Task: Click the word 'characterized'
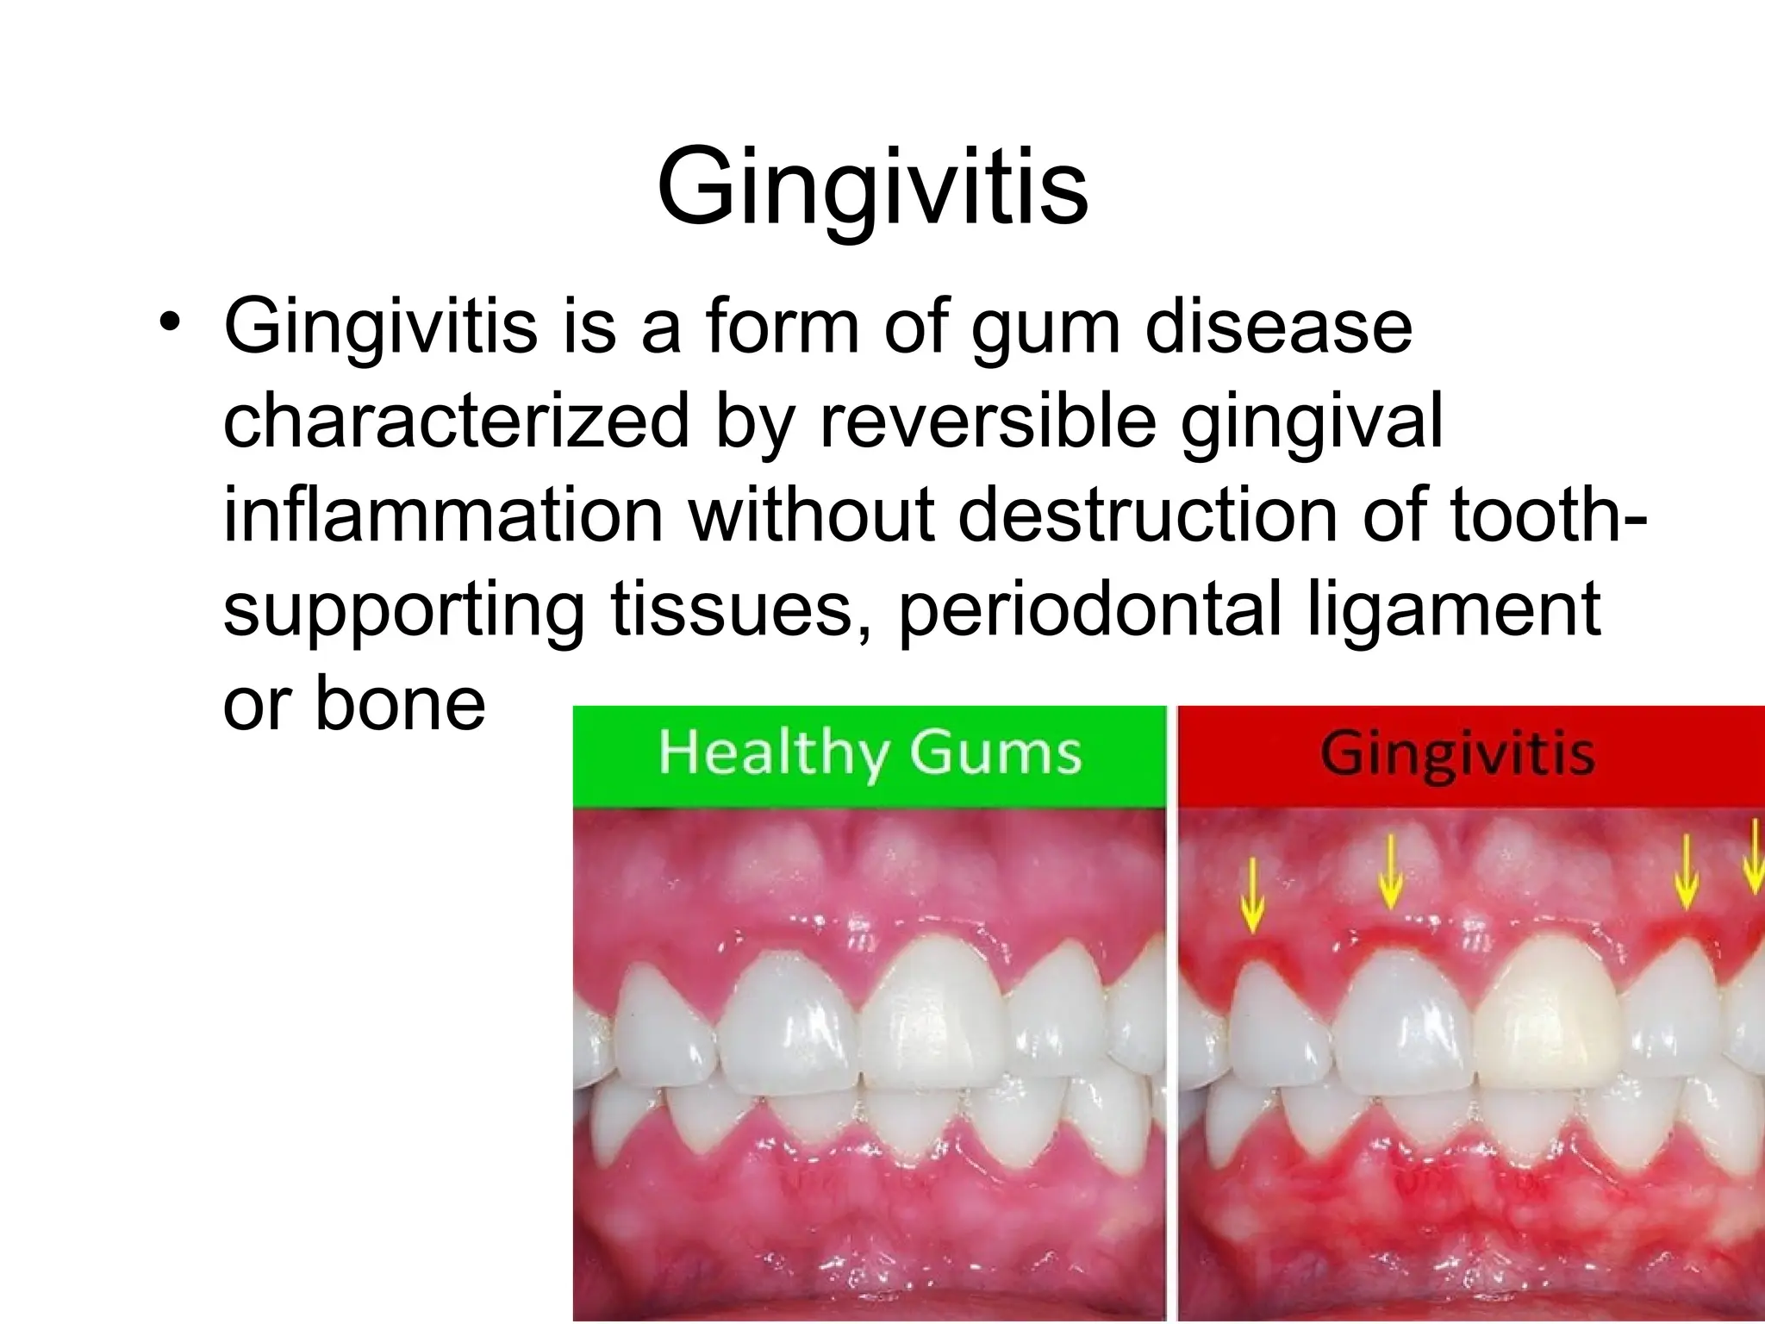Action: click(x=457, y=422)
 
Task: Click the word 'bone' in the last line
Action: click(x=400, y=703)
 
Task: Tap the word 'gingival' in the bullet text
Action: click(x=1312, y=424)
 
